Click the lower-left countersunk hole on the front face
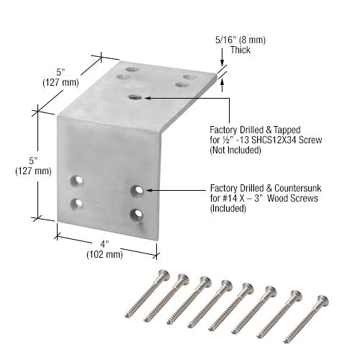pos(77,203)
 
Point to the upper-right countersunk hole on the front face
pos(136,190)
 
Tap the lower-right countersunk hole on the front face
pos(136,214)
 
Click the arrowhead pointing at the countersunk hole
pos(148,190)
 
